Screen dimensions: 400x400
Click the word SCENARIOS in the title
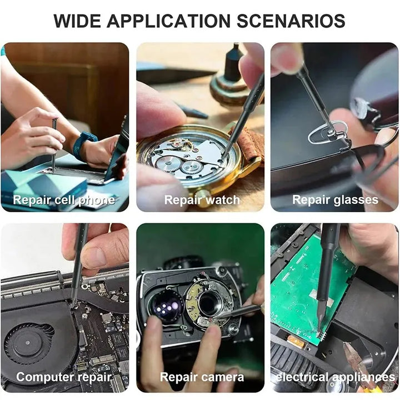point(291,21)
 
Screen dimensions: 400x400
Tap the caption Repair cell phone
point(64,200)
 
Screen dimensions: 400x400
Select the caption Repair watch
point(202,200)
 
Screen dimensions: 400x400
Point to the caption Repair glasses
point(335,200)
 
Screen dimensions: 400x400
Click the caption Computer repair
point(64,377)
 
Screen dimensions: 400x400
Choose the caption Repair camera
point(202,377)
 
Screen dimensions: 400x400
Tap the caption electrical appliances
point(335,377)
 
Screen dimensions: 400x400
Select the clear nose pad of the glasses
point(328,132)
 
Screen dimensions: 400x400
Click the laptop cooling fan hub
point(28,343)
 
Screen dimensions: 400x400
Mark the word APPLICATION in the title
point(169,21)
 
